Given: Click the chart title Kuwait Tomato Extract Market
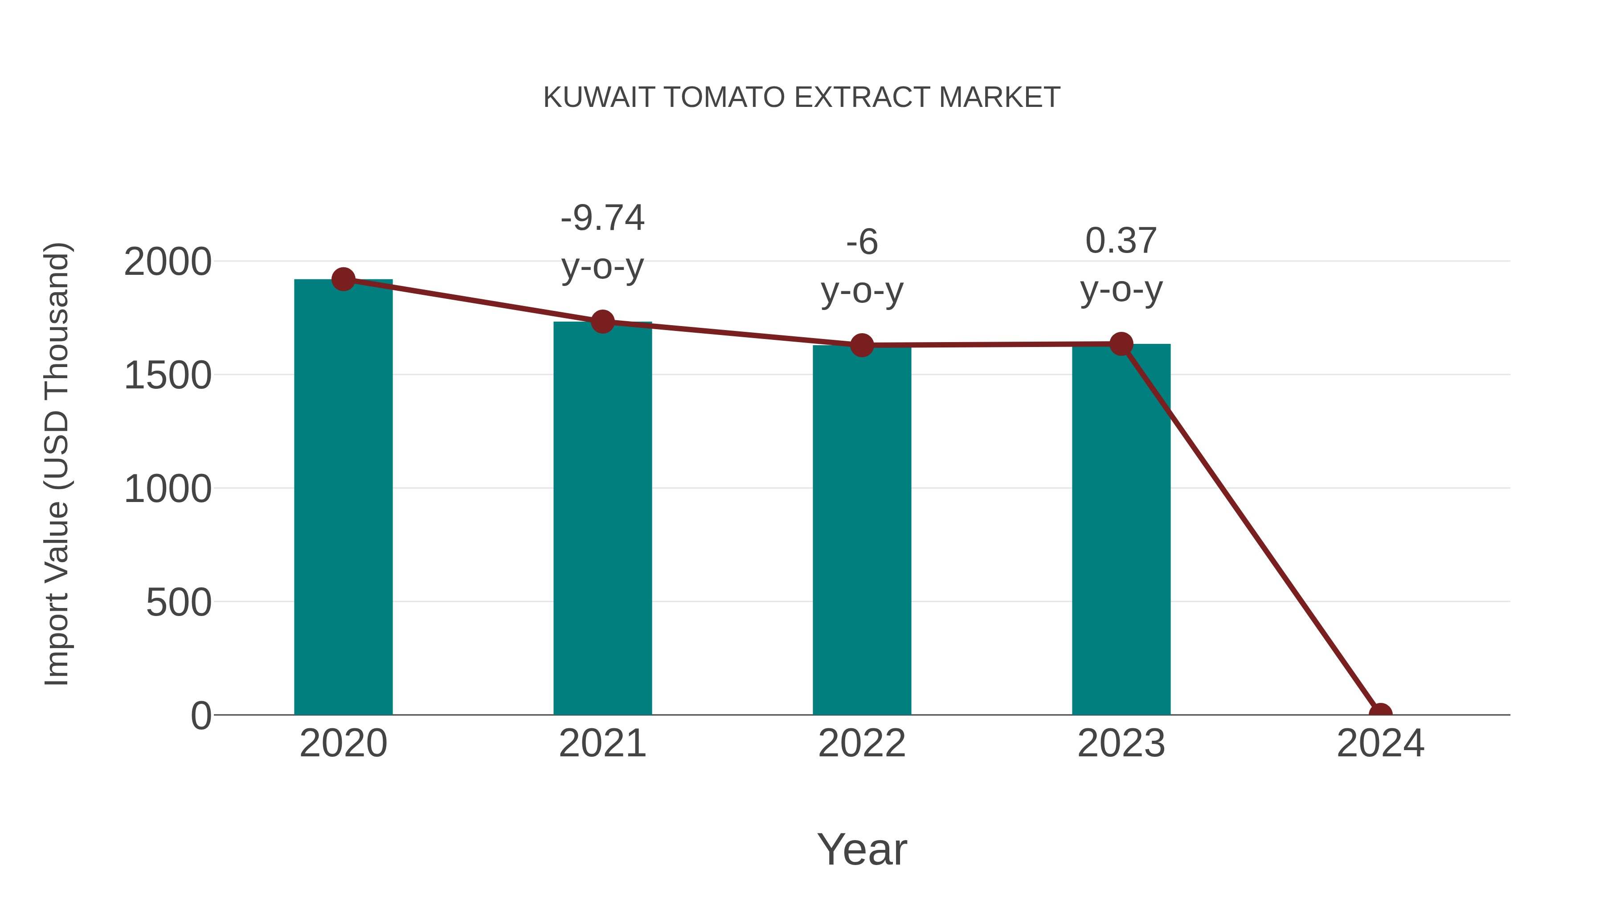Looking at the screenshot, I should (x=802, y=97).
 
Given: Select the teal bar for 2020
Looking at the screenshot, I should (x=343, y=498).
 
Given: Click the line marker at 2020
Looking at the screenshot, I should (x=343, y=279).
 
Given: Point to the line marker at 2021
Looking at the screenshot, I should (x=602, y=322).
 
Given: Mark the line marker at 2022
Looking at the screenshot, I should (x=862, y=345).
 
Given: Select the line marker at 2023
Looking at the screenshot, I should (x=1121, y=343).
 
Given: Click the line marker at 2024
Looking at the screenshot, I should (x=1380, y=714).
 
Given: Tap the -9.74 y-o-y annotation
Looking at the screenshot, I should (x=602, y=242).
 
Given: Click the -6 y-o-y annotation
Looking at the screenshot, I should (x=862, y=266).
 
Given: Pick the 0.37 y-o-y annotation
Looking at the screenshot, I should (x=1121, y=265).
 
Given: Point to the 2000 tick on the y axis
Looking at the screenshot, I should (x=168, y=262).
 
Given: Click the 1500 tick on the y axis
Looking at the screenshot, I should (x=168, y=376).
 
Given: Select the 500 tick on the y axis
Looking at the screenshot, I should (x=178, y=603).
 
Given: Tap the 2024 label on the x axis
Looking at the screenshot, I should (x=1380, y=743).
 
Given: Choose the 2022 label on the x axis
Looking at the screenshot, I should (x=862, y=743).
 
